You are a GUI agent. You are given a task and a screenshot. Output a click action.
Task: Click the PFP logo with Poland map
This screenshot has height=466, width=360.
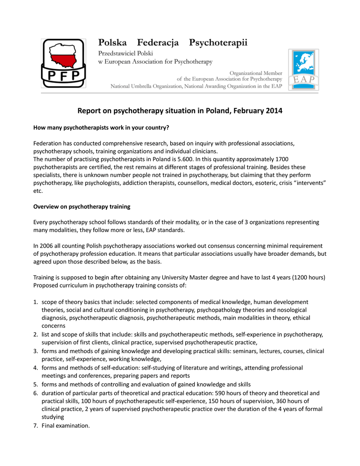pyautogui.click(x=63, y=63)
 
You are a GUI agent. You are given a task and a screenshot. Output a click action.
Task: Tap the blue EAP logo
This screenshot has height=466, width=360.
pyautogui.click(x=303, y=70)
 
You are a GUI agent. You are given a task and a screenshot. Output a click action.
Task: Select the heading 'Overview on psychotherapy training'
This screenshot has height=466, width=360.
pyautogui.click(x=82, y=207)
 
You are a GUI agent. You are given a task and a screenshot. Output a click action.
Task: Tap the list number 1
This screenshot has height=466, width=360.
pyautogui.click(x=35, y=302)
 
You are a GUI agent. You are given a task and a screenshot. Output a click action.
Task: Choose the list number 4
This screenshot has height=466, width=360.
pyautogui.click(x=35, y=368)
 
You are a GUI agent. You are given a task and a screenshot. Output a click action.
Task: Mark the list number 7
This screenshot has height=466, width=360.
pyautogui.click(x=35, y=425)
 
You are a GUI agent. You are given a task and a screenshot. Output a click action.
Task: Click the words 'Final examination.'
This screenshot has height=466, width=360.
pyautogui.click(x=66, y=425)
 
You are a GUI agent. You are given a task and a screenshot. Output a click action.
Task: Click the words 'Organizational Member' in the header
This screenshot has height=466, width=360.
pyautogui.click(x=256, y=73)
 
